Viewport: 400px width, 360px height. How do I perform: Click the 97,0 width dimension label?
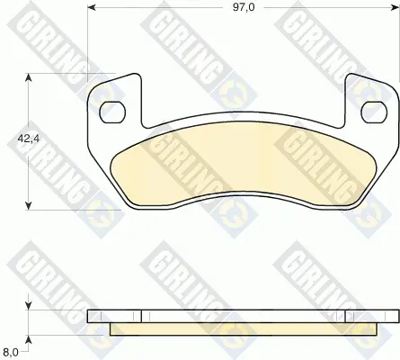pos(244,7)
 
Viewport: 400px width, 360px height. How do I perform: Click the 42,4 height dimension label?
pos(29,139)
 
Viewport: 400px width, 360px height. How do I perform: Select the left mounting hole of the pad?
pos(112,112)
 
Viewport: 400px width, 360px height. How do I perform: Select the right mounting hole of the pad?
pos(374,112)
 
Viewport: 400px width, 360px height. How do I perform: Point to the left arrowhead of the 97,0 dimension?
pos(91,7)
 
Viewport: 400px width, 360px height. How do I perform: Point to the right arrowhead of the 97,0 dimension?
pos(396,7)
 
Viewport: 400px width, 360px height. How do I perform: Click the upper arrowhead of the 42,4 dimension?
pos(29,77)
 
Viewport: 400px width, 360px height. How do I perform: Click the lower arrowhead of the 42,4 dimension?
pos(29,206)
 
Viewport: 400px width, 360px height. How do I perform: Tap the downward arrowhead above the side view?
pos(29,306)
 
